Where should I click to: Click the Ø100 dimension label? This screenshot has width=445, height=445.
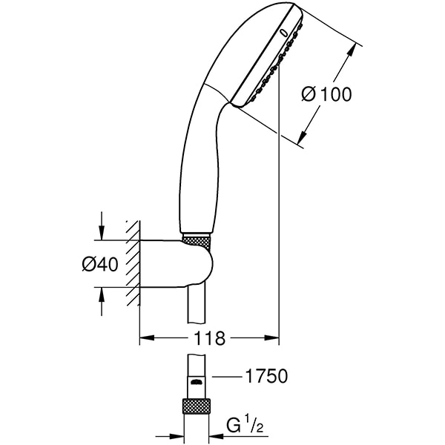point(326,94)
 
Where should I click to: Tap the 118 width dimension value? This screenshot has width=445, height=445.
point(210,339)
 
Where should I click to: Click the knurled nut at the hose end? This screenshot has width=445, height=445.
point(197,406)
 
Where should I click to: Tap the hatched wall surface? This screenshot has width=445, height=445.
point(133,263)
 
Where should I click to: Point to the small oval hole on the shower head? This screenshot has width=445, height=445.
point(284,32)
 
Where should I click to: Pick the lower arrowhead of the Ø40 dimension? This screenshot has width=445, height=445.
point(102,294)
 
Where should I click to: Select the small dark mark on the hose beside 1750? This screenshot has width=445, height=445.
point(197,380)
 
